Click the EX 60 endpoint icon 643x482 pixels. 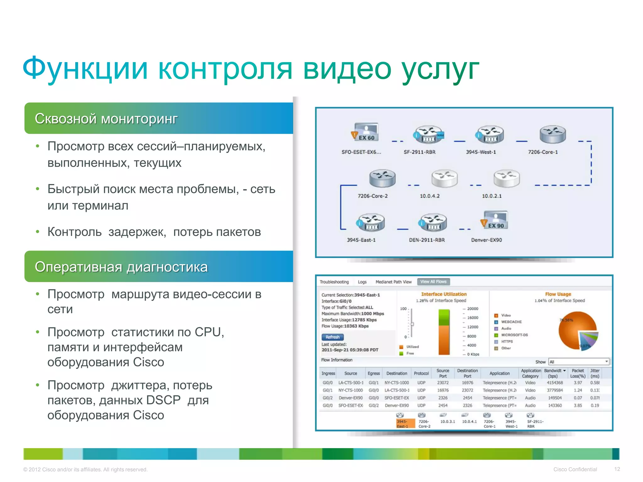(x=365, y=132)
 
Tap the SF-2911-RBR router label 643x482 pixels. (x=419, y=152)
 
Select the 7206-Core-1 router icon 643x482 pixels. (x=553, y=135)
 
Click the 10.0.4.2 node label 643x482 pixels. (x=430, y=196)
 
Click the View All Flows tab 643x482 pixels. (x=433, y=282)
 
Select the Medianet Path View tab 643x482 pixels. (x=393, y=282)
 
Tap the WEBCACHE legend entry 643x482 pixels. (x=511, y=322)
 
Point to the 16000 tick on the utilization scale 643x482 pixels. (x=472, y=318)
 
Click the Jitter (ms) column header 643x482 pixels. (x=595, y=373)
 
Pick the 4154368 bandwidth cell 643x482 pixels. (x=555, y=383)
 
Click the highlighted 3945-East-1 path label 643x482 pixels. (x=402, y=424)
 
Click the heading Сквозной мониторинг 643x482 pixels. (x=106, y=119)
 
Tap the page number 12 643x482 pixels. (x=617, y=469)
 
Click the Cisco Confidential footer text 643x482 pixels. (x=575, y=469)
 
